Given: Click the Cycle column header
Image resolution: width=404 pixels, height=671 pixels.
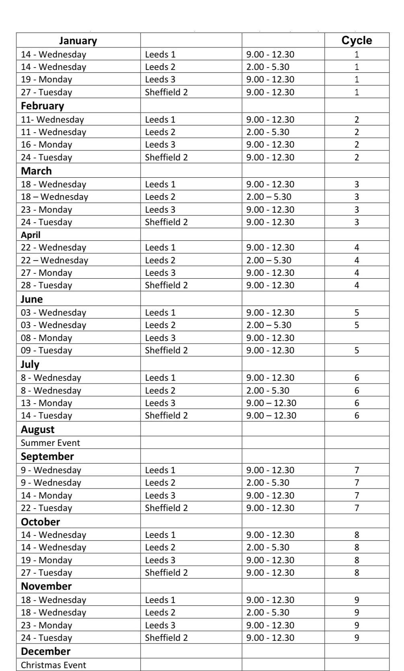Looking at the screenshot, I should tap(357, 41).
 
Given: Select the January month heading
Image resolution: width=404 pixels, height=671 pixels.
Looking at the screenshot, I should tap(78, 41).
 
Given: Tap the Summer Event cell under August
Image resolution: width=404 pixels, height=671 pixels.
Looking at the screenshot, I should tap(50, 443).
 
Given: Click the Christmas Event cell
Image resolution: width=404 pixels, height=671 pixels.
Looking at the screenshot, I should tap(53, 665).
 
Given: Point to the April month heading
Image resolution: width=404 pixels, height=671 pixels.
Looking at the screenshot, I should tap(31, 235).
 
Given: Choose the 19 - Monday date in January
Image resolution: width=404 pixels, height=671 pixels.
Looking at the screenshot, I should tap(47, 80).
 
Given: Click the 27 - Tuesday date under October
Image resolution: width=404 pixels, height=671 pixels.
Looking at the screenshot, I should tap(47, 573).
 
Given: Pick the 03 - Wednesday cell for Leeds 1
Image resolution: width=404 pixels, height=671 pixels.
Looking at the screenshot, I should tap(53, 312).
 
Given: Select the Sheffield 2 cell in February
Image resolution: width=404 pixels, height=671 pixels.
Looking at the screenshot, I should tap(166, 157).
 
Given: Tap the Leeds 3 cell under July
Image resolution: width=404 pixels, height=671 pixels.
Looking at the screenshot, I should tap(160, 403).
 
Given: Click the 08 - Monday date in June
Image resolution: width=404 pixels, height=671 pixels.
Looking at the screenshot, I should tap(47, 338).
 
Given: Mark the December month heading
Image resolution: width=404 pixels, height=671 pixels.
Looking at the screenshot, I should tap(45, 651).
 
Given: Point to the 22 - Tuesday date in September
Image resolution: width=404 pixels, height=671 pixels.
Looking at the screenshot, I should tap(47, 508).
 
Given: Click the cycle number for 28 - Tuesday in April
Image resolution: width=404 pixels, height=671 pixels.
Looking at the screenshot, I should tap(357, 285).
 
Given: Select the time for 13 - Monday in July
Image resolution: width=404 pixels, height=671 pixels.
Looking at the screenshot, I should tap(271, 403).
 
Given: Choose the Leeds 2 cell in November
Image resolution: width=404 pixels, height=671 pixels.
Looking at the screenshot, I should tap(160, 612).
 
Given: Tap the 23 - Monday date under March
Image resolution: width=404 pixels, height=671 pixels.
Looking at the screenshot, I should tap(47, 209).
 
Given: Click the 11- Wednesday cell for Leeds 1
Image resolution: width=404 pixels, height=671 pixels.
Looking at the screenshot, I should tap(53, 119).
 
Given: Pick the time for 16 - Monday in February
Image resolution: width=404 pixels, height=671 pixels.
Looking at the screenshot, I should tap(270, 145).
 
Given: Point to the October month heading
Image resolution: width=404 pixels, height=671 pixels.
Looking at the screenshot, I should tap(41, 522).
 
